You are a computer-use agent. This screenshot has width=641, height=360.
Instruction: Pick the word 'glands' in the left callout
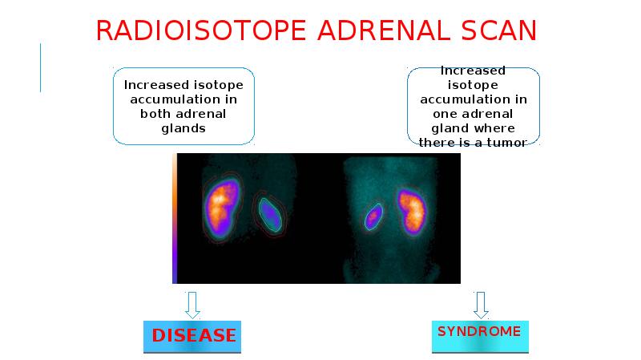[x=183, y=128]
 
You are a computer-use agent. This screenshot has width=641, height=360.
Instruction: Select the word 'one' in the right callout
[x=437, y=114]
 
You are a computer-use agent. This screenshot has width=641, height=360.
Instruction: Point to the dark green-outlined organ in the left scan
[x=271, y=213]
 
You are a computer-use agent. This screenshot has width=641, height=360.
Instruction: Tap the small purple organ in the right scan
[x=373, y=216]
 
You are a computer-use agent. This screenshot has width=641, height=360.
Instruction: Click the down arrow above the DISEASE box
[x=191, y=304]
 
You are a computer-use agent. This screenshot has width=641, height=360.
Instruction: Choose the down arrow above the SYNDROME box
[x=480, y=304]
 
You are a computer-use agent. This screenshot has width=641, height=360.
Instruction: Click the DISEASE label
[x=194, y=335]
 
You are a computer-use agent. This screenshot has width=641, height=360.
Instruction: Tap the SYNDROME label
[x=479, y=331]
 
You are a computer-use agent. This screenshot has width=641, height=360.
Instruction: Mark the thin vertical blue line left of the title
[x=40, y=67]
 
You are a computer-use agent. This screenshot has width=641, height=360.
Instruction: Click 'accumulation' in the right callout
[x=474, y=99]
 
